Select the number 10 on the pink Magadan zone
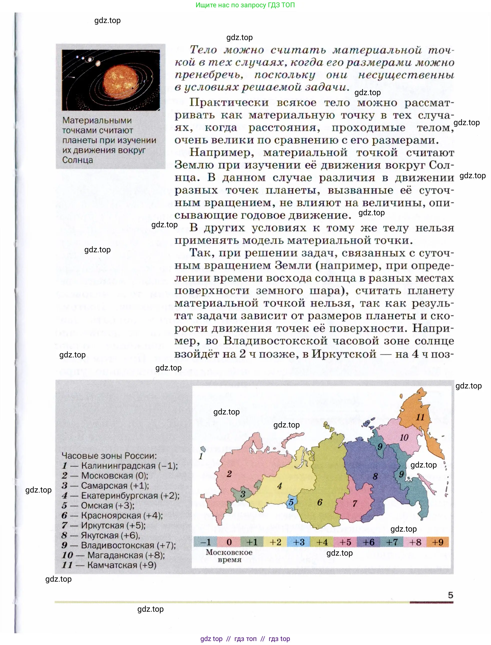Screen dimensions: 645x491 click(404, 438)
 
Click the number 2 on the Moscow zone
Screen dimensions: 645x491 click(229, 474)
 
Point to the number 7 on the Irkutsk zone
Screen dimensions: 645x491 click(354, 504)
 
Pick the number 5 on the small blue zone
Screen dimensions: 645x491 click(291, 502)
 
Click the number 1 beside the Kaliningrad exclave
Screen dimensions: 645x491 click(201, 456)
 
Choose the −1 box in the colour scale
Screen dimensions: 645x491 click(205, 542)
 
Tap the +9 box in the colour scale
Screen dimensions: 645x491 click(437, 542)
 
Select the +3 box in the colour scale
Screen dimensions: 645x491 click(299, 542)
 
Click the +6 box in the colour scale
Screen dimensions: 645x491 click(368, 542)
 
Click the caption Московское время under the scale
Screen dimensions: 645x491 click(229, 556)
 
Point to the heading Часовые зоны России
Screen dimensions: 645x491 click(109, 456)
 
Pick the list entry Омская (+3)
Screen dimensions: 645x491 click(107, 505)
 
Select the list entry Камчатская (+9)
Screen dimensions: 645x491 click(121, 565)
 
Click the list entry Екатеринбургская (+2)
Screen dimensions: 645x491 click(130, 495)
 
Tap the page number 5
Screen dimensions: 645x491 click(450, 595)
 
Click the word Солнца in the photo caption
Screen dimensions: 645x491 click(78, 160)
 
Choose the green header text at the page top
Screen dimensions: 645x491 click(245, 5)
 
